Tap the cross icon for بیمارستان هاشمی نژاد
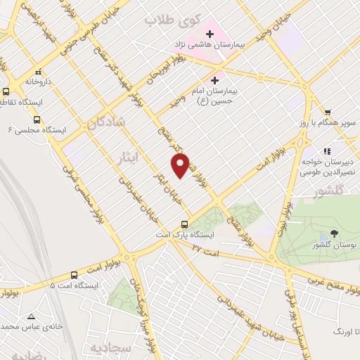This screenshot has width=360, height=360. (x=209, y=33)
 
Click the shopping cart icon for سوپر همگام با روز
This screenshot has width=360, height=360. (x=328, y=112)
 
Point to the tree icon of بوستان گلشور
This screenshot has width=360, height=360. (x=333, y=233)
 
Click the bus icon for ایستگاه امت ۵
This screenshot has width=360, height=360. (x=75, y=275)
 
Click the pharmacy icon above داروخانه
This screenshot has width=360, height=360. (x=37, y=71)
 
